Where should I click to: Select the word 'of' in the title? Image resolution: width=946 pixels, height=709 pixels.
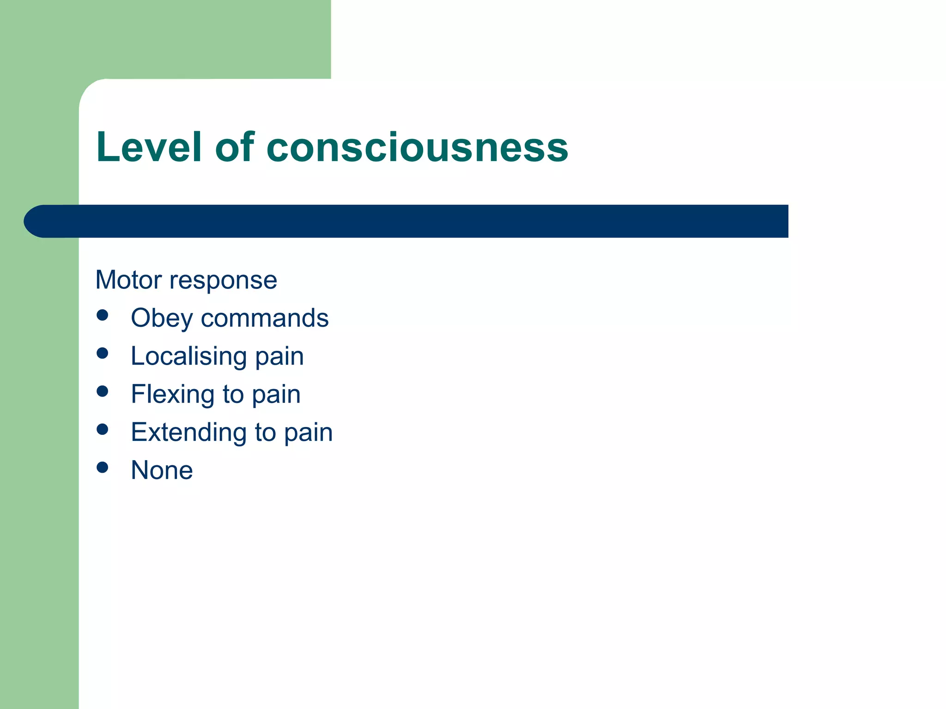click(x=235, y=147)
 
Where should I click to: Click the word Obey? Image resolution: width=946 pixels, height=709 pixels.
click(x=162, y=319)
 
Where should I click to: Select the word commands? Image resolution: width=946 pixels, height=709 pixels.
click(x=265, y=318)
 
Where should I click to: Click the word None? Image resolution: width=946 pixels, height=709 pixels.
click(x=162, y=470)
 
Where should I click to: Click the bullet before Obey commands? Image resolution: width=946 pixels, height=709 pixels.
click(x=103, y=315)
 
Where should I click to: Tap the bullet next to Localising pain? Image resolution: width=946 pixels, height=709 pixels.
click(x=103, y=354)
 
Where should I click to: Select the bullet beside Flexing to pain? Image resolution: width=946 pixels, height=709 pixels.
click(x=103, y=391)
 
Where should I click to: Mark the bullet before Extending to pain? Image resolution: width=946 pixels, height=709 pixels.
click(x=103, y=430)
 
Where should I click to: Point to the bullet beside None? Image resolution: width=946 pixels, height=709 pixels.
click(x=103, y=468)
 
